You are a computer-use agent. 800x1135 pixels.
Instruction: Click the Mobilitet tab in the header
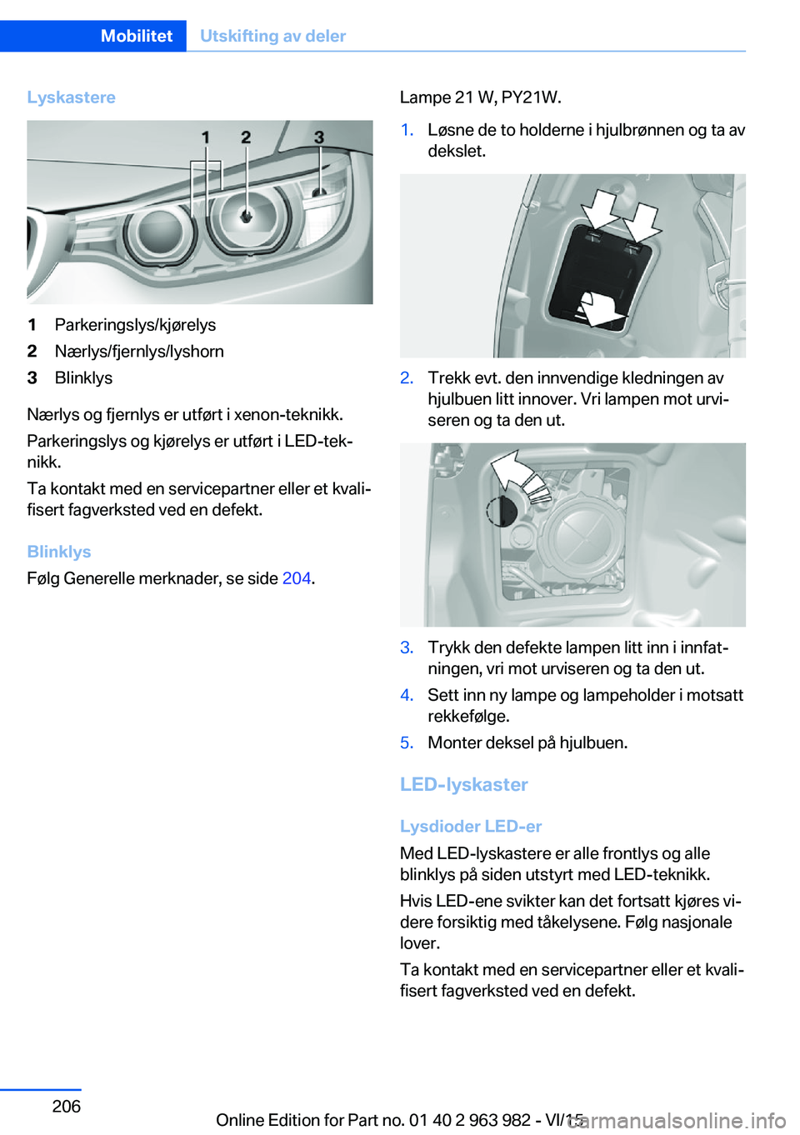point(136,36)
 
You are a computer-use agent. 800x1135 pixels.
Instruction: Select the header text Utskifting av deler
point(272,36)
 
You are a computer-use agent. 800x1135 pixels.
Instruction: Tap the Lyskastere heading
point(71,97)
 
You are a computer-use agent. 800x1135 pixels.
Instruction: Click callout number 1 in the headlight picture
point(205,137)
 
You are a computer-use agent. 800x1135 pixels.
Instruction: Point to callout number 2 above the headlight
point(246,137)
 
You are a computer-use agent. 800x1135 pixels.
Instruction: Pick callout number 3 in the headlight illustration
point(318,137)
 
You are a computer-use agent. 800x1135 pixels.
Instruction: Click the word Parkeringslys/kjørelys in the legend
point(135,325)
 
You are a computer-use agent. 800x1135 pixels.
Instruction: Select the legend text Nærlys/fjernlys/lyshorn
point(139,352)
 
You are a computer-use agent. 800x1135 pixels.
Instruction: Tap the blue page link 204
point(296,578)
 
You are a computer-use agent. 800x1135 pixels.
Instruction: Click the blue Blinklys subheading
point(58,552)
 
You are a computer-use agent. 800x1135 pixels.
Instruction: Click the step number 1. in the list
point(407,130)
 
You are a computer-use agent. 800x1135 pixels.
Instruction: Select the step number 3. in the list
point(407,647)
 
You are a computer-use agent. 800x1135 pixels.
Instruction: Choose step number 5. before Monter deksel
point(407,742)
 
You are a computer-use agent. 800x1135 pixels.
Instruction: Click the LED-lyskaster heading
point(463,784)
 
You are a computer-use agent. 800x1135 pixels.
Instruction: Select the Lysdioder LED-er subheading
point(471,826)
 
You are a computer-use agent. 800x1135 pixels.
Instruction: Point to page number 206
point(66,1106)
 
